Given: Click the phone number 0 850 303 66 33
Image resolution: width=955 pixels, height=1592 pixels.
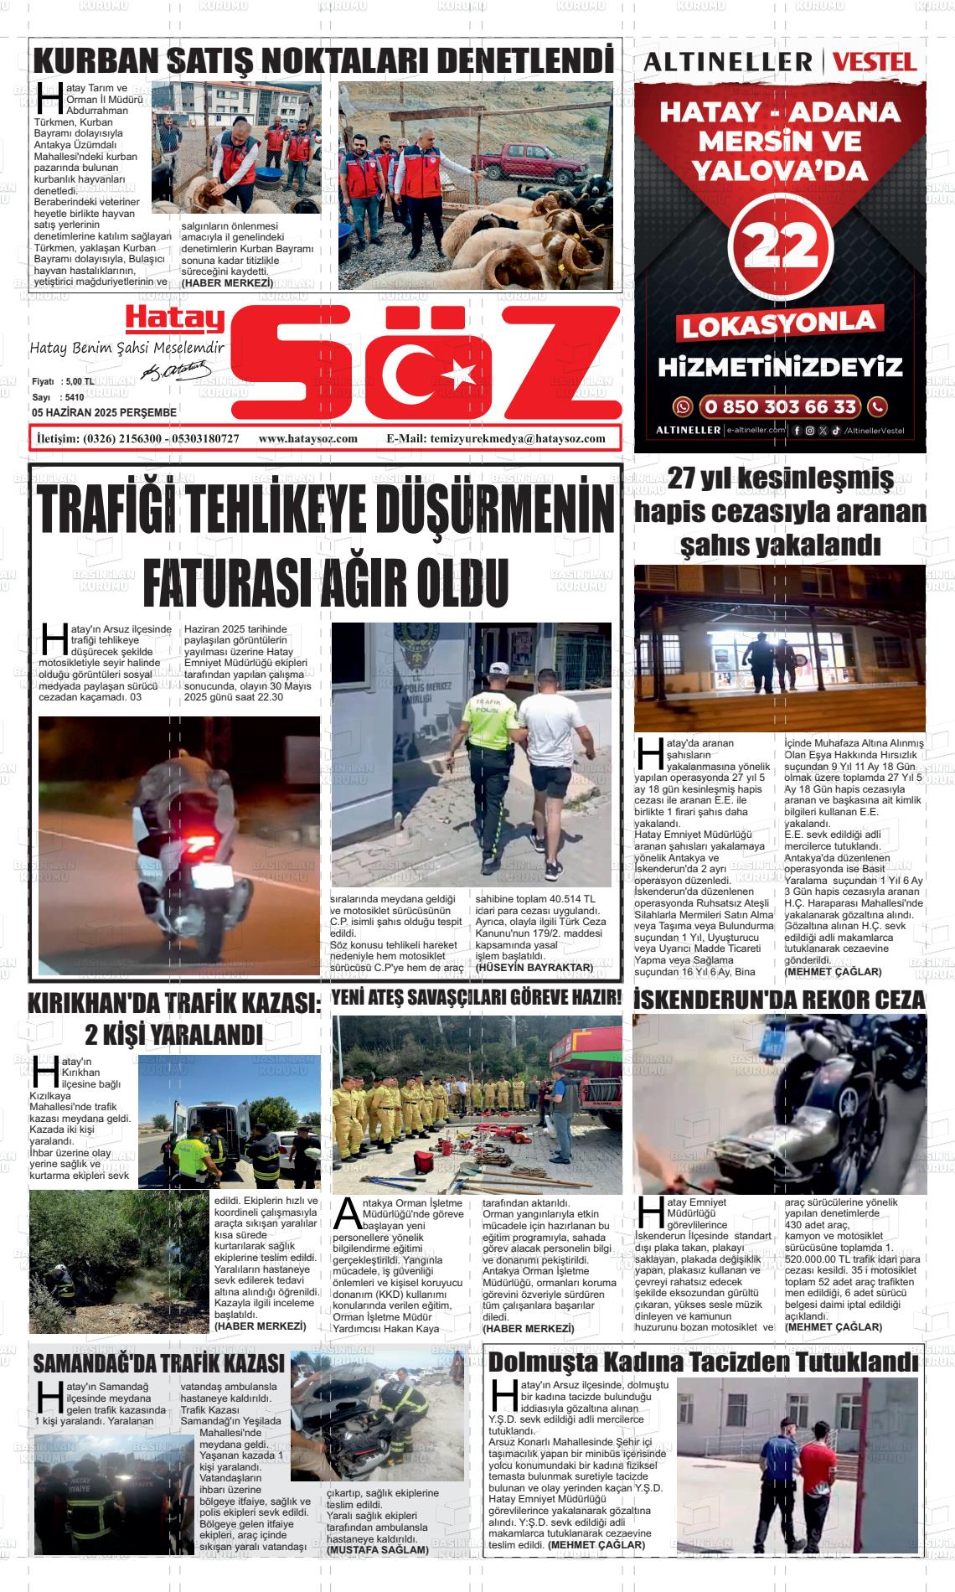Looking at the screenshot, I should click(780, 406).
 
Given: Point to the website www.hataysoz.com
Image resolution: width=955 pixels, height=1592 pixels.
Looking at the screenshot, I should click(308, 438).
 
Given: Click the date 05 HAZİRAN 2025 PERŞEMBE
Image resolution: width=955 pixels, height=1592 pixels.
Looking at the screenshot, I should click(104, 412).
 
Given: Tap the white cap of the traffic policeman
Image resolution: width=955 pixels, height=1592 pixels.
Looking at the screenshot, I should click(500, 669).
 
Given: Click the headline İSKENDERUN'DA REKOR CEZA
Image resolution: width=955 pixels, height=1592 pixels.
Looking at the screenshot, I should click(780, 1000).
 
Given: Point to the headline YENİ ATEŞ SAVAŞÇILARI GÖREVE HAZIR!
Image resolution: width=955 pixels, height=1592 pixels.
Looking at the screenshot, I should click(477, 997).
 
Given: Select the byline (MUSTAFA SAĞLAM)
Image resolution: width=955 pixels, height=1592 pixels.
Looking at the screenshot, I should click(378, 1549).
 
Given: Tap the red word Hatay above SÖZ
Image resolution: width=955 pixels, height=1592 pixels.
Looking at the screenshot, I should click(174, 320).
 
